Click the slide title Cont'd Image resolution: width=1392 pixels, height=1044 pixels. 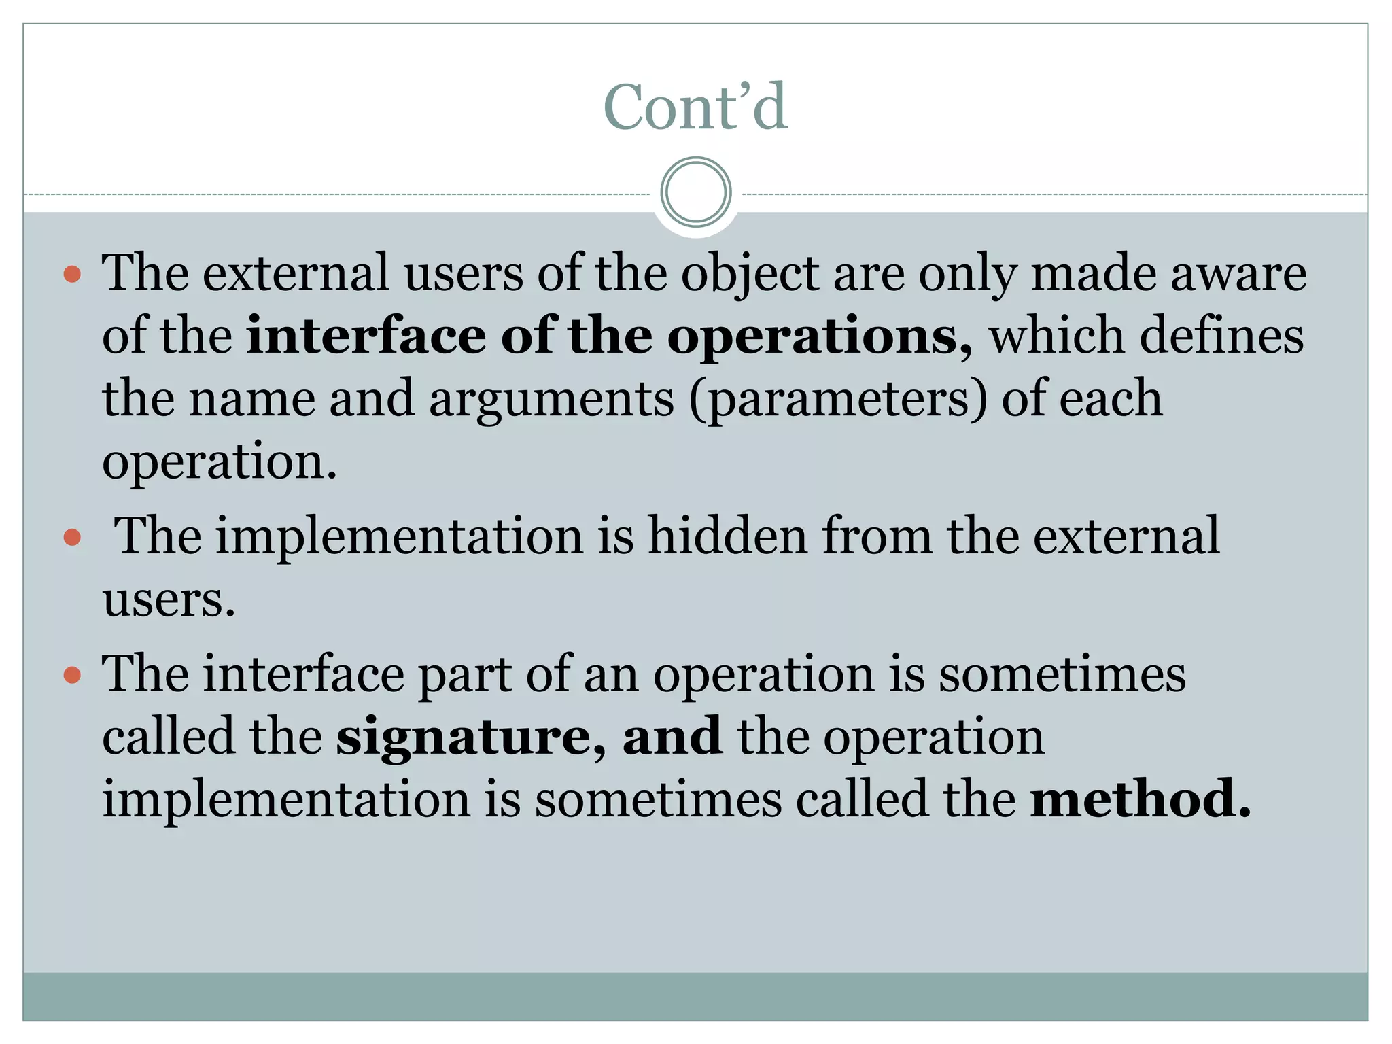(x=695, y=107)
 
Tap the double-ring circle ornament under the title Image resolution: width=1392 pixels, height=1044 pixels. (x=695, y=192)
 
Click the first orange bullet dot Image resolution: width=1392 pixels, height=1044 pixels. (x=72, y=275)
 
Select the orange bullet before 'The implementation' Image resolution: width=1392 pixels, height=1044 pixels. (x=72, y=538)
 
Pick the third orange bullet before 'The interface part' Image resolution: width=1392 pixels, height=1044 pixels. (x=72, y=676)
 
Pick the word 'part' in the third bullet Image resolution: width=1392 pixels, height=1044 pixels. (x=464, y=676)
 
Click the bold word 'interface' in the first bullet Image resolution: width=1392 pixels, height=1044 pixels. (x=366, y=336)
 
